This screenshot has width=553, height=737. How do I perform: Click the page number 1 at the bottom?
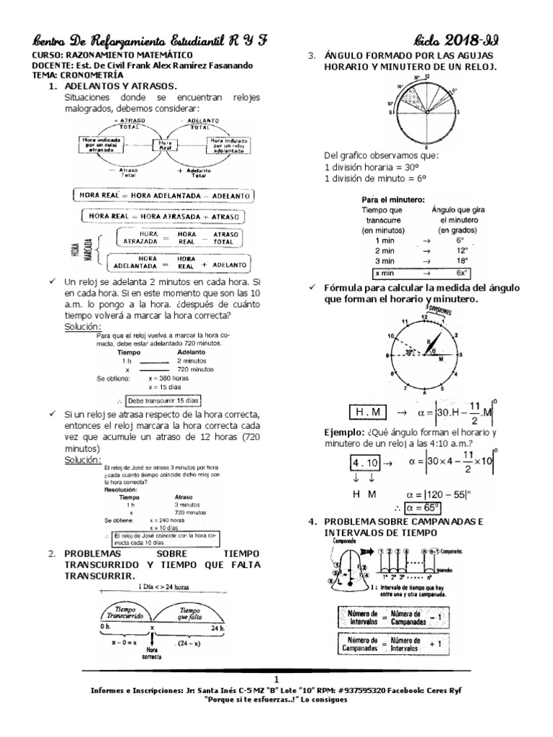point(277,679)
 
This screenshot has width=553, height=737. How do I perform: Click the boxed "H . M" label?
point(367,412)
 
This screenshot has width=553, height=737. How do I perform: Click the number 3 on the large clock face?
point(459,356)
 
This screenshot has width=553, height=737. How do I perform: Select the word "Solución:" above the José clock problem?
point(83,460)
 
